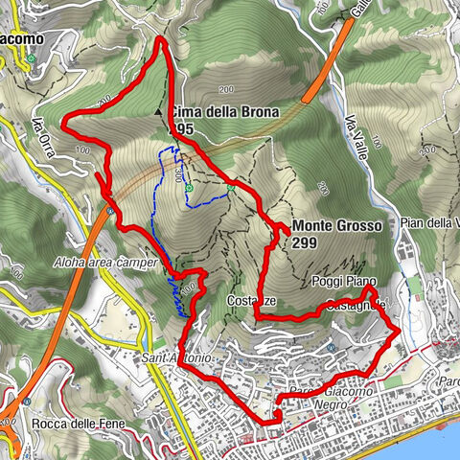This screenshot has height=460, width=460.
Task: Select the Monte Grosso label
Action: pyautogui.click(x=337, y=226)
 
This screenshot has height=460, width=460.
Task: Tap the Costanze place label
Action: pyautogui.click(x=246, y=301)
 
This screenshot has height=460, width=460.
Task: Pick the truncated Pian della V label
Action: pyautogui.click(x=430, y=223)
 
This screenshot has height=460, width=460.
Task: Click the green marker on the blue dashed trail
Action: pyautogui.click(x=189, y=188)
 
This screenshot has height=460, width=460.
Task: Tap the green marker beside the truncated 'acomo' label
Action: pyautogui.click(x=31, y=57)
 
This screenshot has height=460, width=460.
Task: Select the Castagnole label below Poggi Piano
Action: pyautogui.click(x=356, y=304)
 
